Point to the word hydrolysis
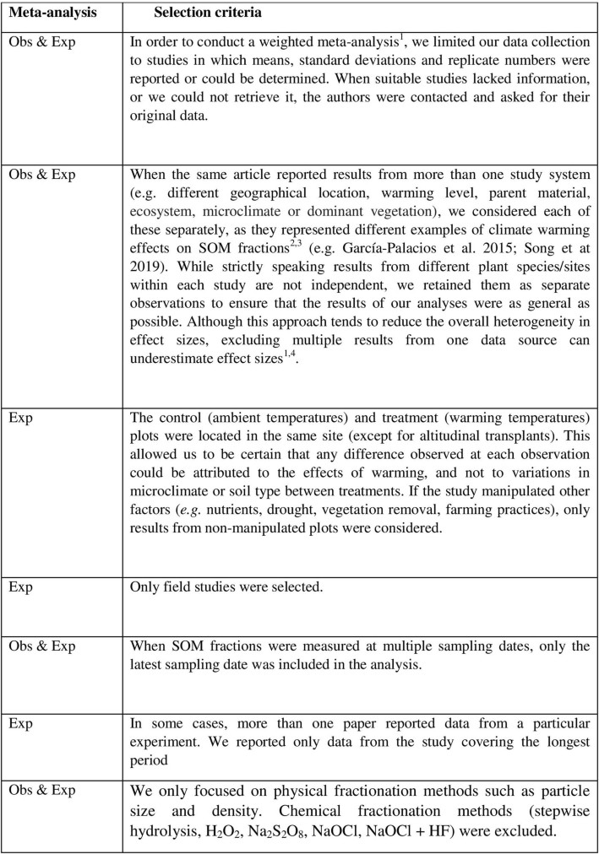click(x=161, y=831)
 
